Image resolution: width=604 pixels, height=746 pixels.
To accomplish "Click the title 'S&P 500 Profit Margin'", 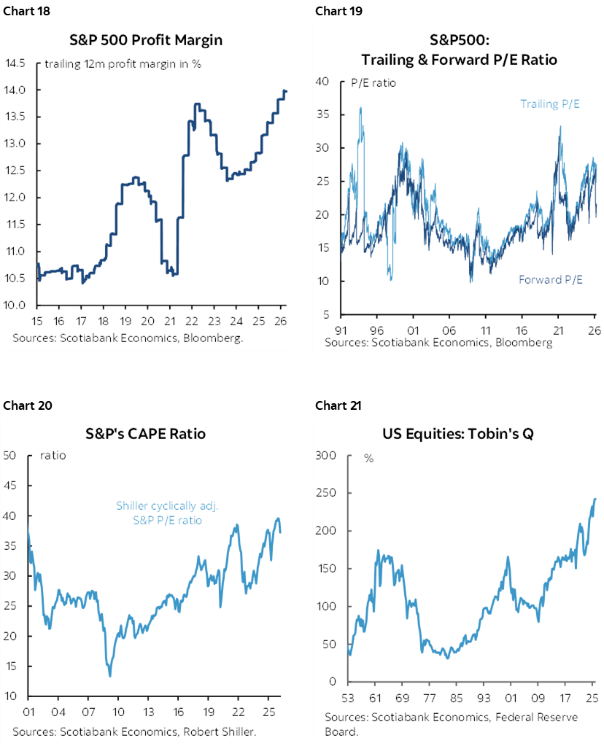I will point(159,40).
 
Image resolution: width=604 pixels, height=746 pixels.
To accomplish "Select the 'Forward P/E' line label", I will point(550,279).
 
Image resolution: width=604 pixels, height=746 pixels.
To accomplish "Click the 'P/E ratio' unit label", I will point(374,82).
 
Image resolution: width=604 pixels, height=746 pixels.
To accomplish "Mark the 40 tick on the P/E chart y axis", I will point(324,81).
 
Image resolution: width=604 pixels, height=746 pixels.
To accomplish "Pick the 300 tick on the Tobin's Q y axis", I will point(326,456).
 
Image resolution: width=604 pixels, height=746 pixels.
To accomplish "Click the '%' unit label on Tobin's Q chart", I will point(369,458).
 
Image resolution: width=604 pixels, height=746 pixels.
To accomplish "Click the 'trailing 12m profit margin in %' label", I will point(123,64).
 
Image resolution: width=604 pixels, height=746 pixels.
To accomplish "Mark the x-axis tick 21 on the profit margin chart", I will point(169,320).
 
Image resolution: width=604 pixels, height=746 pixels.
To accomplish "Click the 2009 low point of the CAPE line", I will point(109,676).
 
